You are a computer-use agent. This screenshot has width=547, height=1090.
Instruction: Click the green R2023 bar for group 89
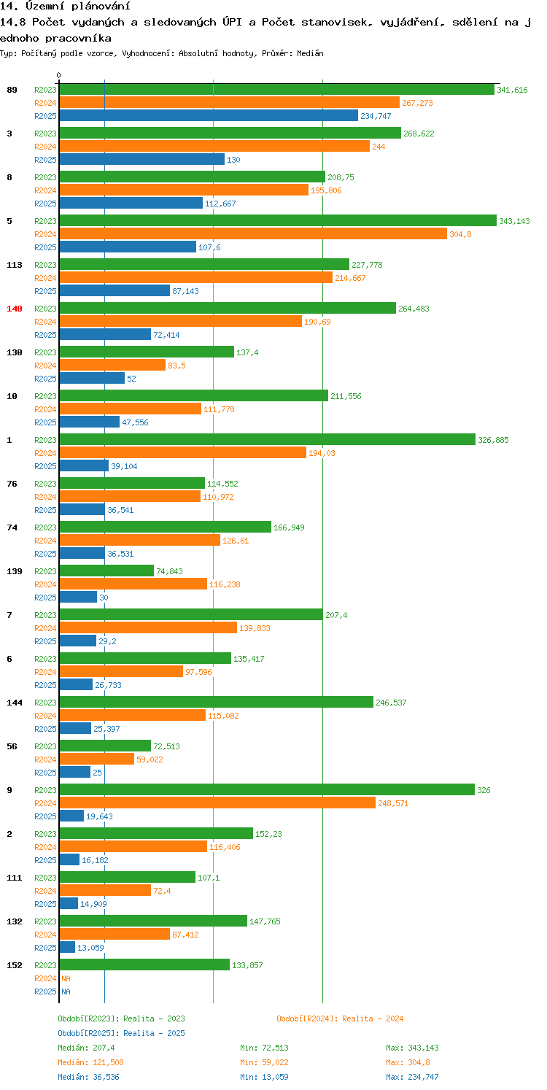pos(276,90)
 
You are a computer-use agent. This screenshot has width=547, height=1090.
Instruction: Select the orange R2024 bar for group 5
pos(252,234)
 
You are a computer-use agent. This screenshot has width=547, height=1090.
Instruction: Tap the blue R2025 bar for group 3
pos(141,160)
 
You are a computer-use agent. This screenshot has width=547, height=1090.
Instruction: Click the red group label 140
pos(15,309)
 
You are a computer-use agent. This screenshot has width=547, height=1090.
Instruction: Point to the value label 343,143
pos(514,221)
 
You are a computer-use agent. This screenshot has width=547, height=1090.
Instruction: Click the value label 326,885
pos(493,440)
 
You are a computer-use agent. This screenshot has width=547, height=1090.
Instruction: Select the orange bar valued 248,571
pos(217,803)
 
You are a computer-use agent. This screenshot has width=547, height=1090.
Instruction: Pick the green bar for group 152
pos(144,965)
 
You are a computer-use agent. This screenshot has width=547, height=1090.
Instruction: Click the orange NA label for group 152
pos(66,978)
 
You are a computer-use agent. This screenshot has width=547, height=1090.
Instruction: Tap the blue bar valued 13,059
pos(67,948)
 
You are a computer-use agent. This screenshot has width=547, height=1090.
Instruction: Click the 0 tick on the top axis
pos(59,75)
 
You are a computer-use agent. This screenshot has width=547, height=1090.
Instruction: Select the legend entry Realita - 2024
pos(340,1019)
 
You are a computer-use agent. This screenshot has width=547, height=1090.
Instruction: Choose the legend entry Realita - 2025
pos(121,1033)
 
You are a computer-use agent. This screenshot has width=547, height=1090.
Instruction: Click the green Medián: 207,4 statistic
pos(85,1048)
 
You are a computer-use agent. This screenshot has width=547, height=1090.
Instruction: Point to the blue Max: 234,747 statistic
pos(412,1077)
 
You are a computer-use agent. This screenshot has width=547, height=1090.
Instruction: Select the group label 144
pos(15,703)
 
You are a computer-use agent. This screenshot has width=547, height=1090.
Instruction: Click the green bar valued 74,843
pos(106,571)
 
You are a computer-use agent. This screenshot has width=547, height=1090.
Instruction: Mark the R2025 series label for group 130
pos(45,379)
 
